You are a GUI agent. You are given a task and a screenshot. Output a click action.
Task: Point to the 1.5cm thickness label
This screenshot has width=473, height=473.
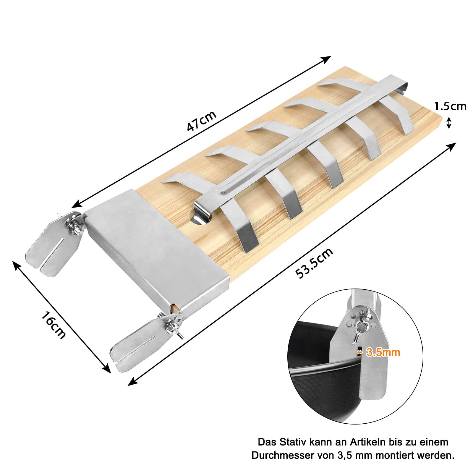pyautogui.click(x=450, y=106)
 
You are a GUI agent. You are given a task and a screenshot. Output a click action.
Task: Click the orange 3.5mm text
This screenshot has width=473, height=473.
pyautogui.click(x=383, y=352)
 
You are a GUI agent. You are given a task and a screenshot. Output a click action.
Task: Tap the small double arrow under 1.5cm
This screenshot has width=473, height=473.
pyautogui.click(x=449, y=123)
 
